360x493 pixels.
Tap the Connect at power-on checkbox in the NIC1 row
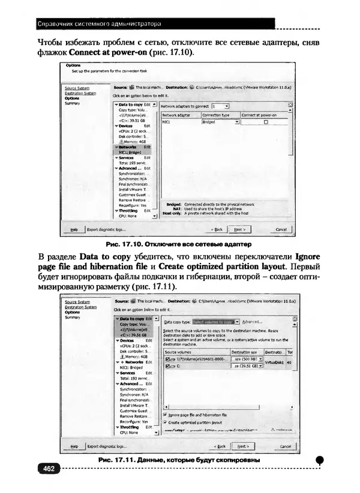265,122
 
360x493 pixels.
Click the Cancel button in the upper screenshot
281,229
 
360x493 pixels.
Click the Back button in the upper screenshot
216,229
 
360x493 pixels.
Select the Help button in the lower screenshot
74,446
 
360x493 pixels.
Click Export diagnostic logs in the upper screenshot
107,229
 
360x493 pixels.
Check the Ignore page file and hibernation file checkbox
166,414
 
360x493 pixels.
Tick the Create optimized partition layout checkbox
166,422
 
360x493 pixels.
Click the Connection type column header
216,114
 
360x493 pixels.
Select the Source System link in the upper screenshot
77,88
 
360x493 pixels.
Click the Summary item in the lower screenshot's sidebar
72,317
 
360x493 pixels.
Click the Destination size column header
244,352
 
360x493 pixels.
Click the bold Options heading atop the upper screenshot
73,64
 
